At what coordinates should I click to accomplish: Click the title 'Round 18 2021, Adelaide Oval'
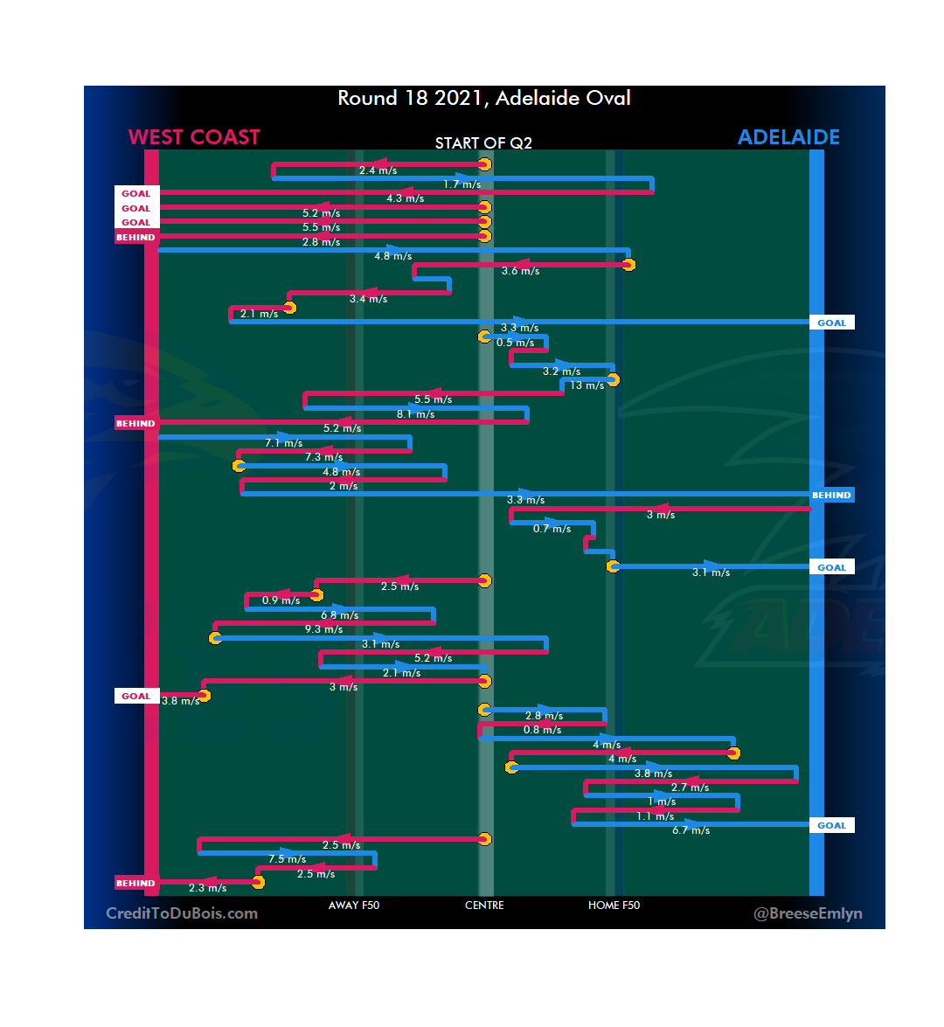(x=484, y=98)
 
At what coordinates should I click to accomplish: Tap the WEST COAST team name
(x=194, y=137)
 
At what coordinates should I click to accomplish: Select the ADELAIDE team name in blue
(x=788, y=137)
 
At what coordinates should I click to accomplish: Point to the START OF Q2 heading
(x=483, y=143)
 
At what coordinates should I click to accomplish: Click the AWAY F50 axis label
(x=354, y=906)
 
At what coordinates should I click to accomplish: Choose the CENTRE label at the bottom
(x=484, y=906)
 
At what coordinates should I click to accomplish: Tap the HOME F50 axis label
(x=614, y=906)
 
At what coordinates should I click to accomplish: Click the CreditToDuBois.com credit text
(x=182, y=913)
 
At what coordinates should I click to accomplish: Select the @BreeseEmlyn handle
(x=808, y=913)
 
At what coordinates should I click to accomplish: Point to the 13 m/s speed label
(x=587, y=385)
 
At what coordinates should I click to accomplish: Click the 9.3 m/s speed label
(x=323, y=629)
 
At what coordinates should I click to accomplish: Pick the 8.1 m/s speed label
(x=415, y=414)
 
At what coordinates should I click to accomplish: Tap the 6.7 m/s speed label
(x=691, y=830)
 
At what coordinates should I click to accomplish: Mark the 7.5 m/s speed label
(x=287, y=859)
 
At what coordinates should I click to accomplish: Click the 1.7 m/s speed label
(x=462, y=184)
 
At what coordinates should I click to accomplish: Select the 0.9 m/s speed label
(x=281, y=600)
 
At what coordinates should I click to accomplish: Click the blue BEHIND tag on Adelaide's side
(x=831, y=495)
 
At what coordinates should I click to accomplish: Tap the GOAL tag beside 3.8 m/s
(x=135, y=697)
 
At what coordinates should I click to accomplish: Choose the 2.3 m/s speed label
(x=207, y=888)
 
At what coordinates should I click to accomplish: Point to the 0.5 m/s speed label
(x=515, y=343)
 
